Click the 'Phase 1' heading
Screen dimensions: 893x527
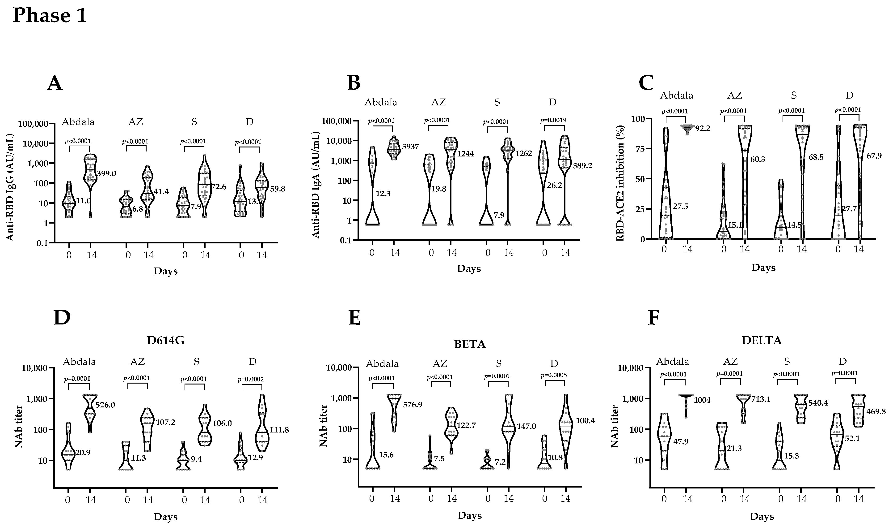coord(50,16)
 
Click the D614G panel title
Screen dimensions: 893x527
coord(166,341)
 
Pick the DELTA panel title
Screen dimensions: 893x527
coord(762,341)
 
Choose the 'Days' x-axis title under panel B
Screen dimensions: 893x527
coord(469,268)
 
